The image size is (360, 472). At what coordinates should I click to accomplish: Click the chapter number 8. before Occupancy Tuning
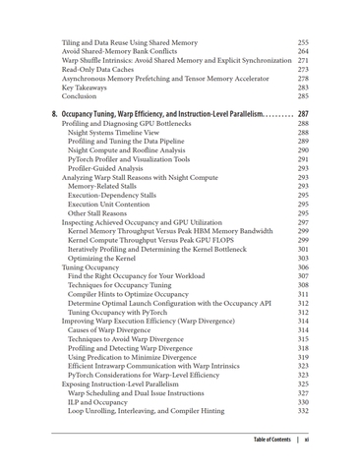55,115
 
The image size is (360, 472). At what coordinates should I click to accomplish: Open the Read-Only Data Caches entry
103,70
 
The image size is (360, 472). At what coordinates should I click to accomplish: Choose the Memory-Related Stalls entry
111,187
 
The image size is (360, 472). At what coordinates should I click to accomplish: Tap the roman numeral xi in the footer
307,440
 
